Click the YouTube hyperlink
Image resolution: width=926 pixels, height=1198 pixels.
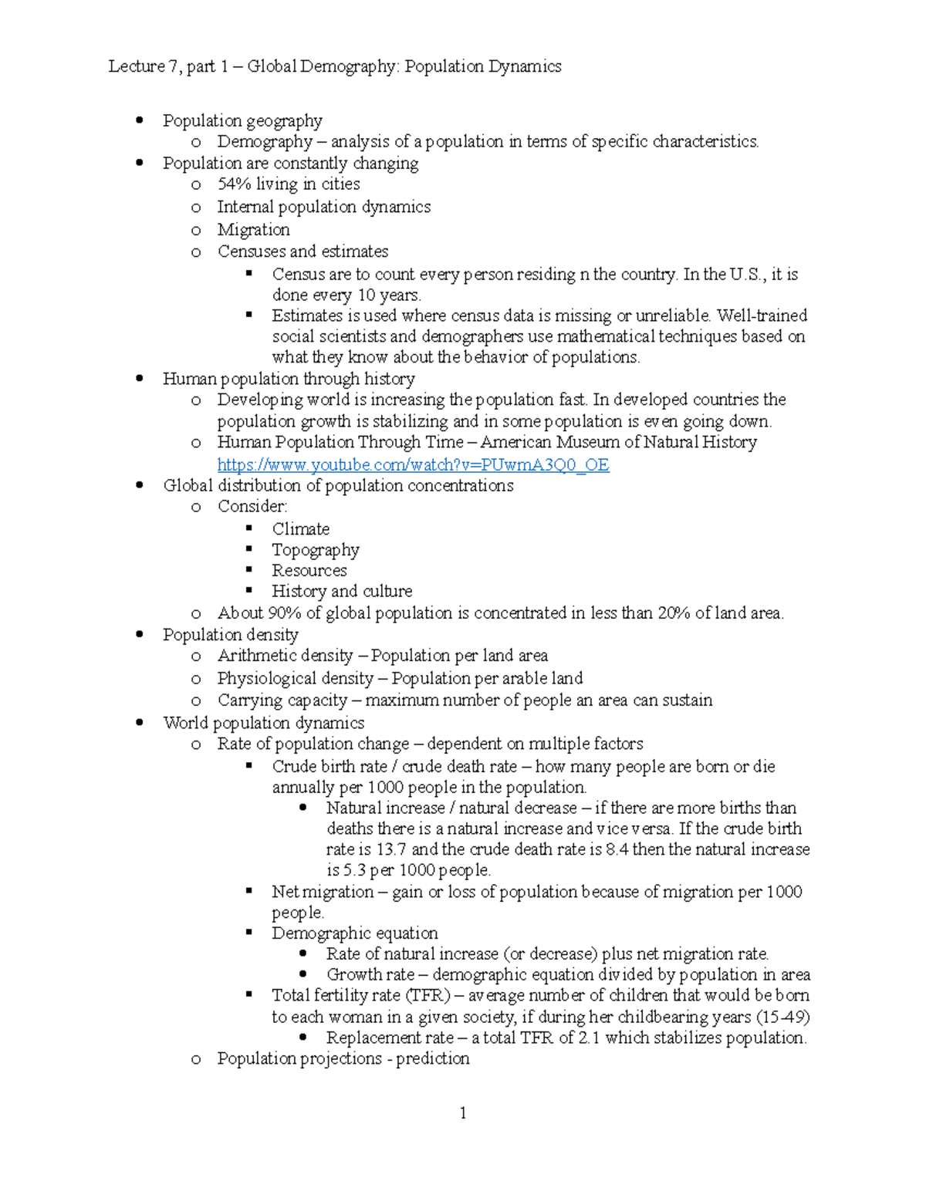click(413, 464)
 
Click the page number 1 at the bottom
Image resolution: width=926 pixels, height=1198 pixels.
click(462, 1112)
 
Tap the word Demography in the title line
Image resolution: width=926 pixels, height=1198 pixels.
click(348, 66)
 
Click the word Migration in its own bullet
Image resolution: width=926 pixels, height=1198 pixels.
click(253, 230)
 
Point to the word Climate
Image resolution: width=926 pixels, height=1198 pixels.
click(300, 529)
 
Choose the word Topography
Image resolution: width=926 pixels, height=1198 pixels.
click(315, 550)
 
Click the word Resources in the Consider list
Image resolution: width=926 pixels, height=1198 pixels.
click(309, 571)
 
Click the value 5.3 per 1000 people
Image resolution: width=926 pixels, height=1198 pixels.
click(354, 870)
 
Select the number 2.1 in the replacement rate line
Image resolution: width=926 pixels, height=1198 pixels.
click(589, 1038)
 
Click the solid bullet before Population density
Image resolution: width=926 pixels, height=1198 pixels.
click(140, 635)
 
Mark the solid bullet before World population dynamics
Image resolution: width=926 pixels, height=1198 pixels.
click(140, 723)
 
